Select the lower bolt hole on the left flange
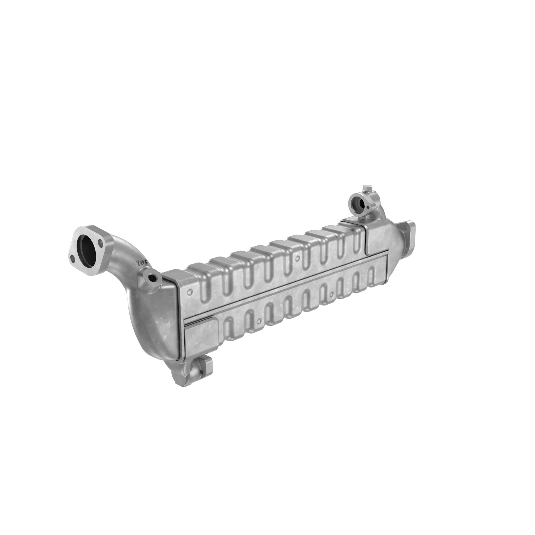(x=72, y=259)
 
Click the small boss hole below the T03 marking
(x=152, y=277)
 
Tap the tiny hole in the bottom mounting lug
(x=202, y=372)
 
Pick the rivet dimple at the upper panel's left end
(x=190, y=292)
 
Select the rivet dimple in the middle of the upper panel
(x=297, y=259)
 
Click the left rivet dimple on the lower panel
(x=259, y=322)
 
